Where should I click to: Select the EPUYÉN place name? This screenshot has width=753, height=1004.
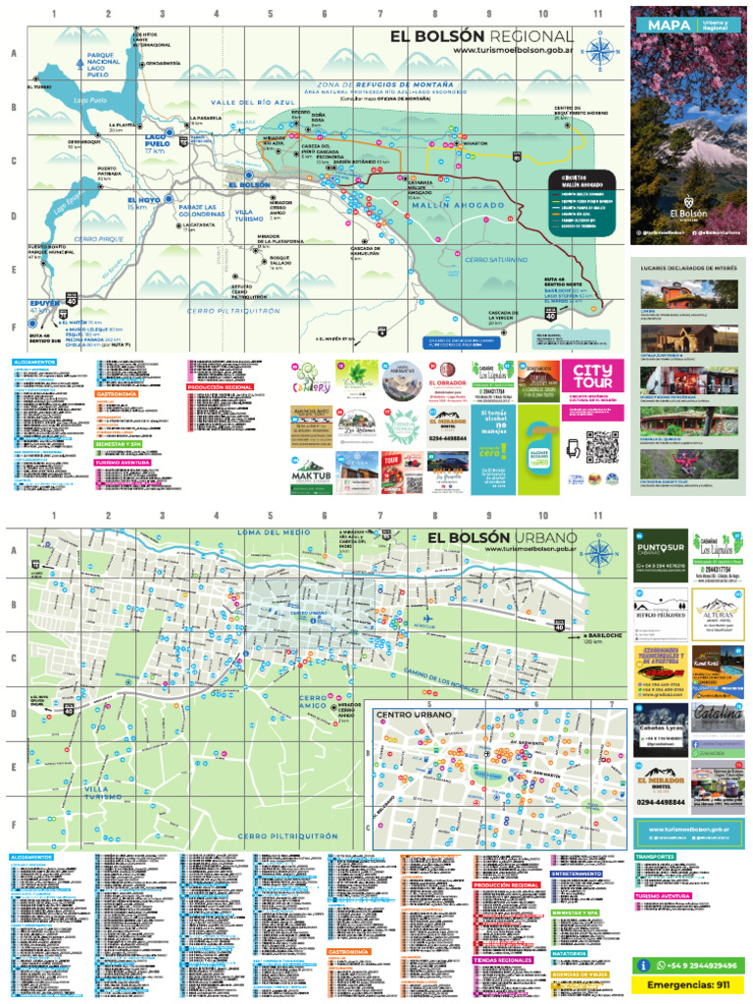click(x=45, y=304)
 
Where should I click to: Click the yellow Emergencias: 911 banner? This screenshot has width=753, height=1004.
click(x=686, y=983)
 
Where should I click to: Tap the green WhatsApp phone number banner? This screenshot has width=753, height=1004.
click(x=686, y=965)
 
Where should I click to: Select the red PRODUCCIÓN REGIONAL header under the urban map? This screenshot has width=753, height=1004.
click(x=506, y=884)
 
